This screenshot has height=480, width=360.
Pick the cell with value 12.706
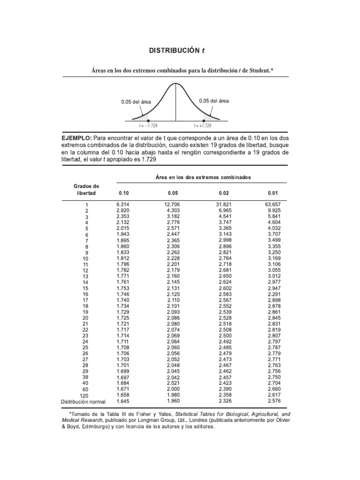172,205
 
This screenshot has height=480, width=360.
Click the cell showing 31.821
224,205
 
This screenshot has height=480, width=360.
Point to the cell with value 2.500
225,335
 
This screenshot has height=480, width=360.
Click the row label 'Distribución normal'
83,402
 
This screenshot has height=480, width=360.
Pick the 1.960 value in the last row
173,401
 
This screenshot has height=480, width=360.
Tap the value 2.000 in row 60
173,389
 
